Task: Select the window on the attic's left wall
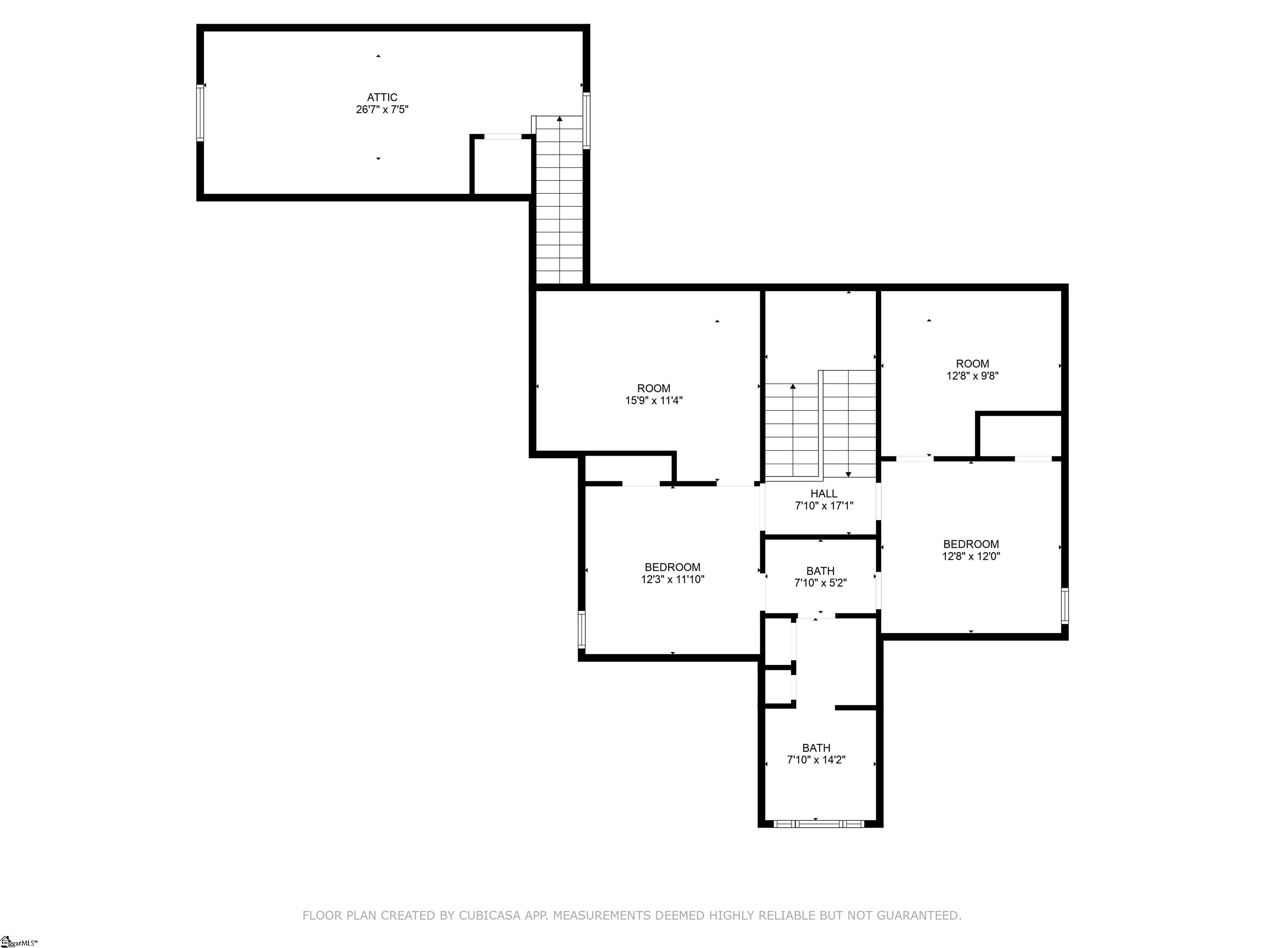(200, 113)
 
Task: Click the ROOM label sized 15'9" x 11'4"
(654, 388)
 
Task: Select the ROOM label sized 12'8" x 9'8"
(972, 363)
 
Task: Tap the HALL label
(824, 493)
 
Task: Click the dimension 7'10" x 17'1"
(824, 506)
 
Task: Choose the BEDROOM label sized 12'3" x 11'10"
(672, 567)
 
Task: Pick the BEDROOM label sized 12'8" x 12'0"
(971, 544)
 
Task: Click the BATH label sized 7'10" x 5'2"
(820, 571)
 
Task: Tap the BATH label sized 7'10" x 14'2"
(816, 748)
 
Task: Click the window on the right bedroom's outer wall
(1064, 606)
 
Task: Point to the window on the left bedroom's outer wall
(581, 629)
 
